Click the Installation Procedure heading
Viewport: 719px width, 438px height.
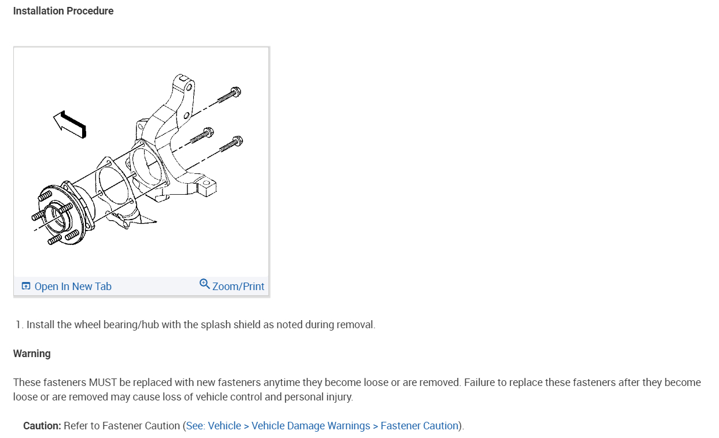point(63,11)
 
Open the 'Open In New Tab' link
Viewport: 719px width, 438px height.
point(72,287)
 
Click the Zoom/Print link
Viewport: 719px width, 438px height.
point(238,287)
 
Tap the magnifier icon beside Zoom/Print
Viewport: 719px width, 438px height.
point(204,284)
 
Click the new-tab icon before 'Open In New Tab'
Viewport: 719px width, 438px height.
point(25,286)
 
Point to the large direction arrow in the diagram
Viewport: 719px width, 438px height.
point(69,124)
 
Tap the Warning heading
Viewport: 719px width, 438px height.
point(32,354)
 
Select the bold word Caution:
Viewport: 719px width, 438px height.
point(42,426)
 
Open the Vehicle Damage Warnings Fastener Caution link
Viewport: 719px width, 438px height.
point(322,426)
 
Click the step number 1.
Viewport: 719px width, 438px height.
point(19,325)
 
